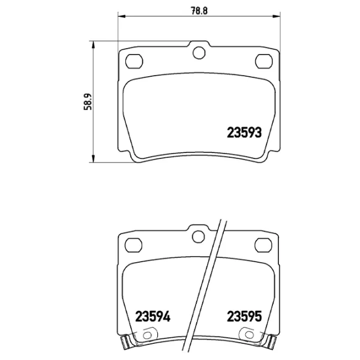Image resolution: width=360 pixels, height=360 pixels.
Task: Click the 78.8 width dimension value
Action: [199, 11]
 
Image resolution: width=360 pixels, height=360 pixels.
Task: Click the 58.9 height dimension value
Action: [88, 102]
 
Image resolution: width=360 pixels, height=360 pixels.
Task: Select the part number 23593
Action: [244, 133]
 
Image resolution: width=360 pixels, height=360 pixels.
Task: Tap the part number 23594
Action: [152, 316]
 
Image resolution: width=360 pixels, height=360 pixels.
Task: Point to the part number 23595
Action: [244, 316]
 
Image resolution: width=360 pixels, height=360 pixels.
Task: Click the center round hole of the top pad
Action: [199, 53]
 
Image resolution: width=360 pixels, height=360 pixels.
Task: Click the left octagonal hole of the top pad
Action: [134, 61]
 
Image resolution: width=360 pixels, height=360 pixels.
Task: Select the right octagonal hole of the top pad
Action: [264, 61]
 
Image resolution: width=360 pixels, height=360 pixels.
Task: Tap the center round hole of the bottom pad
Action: [199, 237]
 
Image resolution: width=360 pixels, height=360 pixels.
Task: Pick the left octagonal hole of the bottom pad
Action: [133, 245]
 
